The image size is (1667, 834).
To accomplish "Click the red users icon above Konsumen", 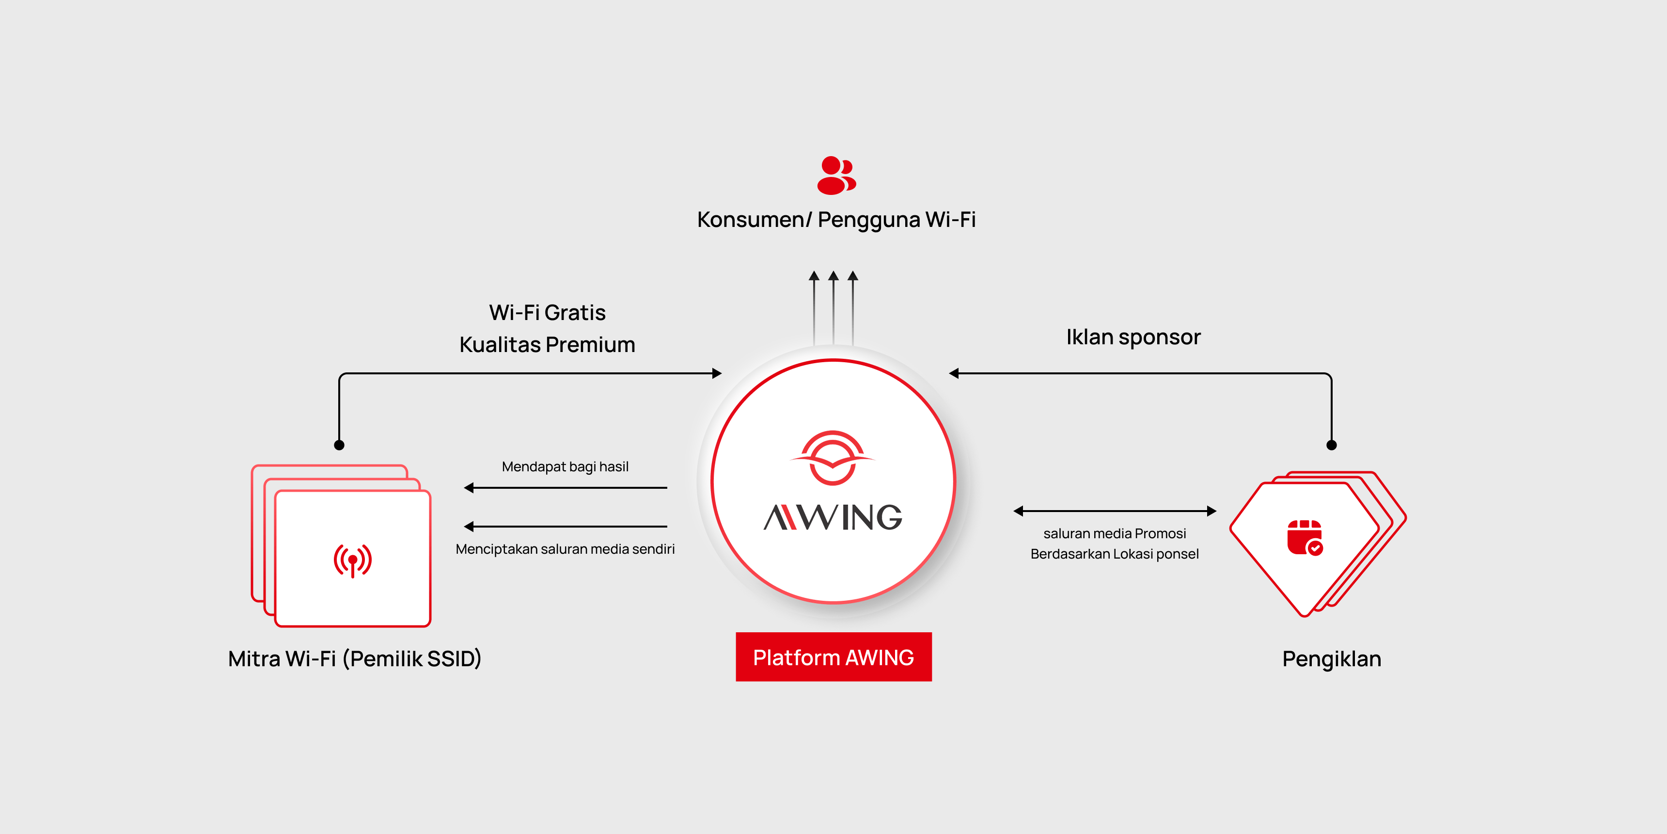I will coord(836,175).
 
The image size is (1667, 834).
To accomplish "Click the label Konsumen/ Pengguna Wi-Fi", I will coord(836,220).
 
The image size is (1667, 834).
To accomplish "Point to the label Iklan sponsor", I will coord(1133,337).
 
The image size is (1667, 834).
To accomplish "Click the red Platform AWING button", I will coord(833,657).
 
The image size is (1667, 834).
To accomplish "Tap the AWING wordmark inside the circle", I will coord(833,517).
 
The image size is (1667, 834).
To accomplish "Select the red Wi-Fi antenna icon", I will coord(353,560).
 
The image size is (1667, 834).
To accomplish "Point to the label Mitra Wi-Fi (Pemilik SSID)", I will coord(355,659).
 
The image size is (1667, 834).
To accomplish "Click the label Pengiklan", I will coord(1332,659).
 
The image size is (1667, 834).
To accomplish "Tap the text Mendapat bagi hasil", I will coord(565,467).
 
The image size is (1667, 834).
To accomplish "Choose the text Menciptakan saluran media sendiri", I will coord(565,549).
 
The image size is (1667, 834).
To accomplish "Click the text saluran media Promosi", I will coord(1115,533).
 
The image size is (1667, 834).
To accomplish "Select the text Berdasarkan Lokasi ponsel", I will coord(1115,554).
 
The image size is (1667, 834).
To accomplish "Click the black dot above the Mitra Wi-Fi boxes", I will coord(339,445).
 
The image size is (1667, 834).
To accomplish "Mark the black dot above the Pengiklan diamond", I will coord(1331,445).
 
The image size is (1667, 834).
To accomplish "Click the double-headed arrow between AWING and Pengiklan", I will coord(1115,511).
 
